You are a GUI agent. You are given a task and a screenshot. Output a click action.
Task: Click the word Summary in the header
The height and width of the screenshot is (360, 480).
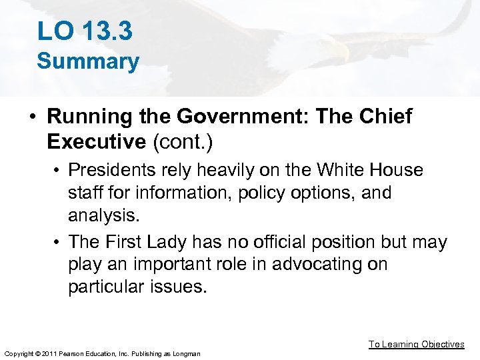click(88, 61)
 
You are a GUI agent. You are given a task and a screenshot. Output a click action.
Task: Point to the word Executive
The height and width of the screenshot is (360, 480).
click(97, 141)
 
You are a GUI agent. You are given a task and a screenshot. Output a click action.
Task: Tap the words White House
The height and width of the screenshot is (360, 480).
click(370, 170)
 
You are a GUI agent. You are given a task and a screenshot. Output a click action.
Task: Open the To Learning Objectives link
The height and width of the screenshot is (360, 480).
click(417, 344)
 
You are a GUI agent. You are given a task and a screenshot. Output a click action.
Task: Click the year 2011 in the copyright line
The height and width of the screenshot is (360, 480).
click(47, 353)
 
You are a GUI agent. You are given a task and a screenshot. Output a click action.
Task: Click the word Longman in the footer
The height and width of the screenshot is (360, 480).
click(186, 353)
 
